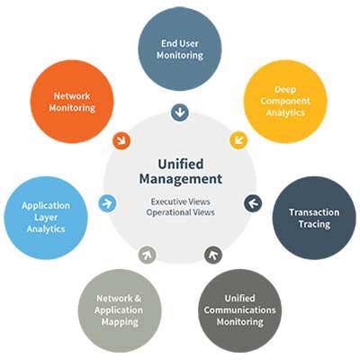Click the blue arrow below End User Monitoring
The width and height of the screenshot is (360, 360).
pyautogui.click(x=180, y=112)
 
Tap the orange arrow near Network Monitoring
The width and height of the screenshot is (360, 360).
pyautogui.click(x=121, y=140)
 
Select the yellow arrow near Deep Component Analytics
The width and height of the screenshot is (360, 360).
pyautogui.click(x=238, y=140)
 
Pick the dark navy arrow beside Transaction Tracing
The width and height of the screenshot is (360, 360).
pyautogui.click(x=253, y=203)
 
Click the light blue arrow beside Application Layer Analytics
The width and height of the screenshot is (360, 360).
pyautogui.click(x=107, y=203)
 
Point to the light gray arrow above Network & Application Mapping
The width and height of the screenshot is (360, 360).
pyautogui.click(x=147, y=255)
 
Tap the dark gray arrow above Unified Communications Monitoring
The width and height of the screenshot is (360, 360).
pyautogui.click(x=213, y=255)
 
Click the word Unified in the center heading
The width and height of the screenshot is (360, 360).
pyautogui.click(x=181, y=164)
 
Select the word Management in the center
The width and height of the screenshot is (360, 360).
pyautogui.click(x=181, y=179)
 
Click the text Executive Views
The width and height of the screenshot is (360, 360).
pyautogui.click(x=180, y=202)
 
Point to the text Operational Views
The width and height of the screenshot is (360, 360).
pyautogui.click(x=180, y=212)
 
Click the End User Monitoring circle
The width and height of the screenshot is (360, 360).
pyautogui.click(x=180, y=49)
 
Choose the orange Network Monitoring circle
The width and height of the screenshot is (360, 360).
pyautogui.click(x=72, y=102)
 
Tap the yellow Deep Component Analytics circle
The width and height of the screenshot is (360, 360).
pyautogui.click(x=285, y=102)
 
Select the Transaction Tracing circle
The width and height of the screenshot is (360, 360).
pyautogui.click(x=314, y=218)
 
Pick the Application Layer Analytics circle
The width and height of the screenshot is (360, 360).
pyautogui.click(x=46, y=218)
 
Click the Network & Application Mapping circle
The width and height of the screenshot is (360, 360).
pyautogui.click(x=120, y=310)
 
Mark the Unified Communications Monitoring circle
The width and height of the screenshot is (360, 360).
pyautogui.click(x=240, y=310)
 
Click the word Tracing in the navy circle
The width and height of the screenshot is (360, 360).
pyautogui.click(x=314, y=224)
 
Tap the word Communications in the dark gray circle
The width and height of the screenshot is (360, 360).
pyautogui.click(x=240, y=310)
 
